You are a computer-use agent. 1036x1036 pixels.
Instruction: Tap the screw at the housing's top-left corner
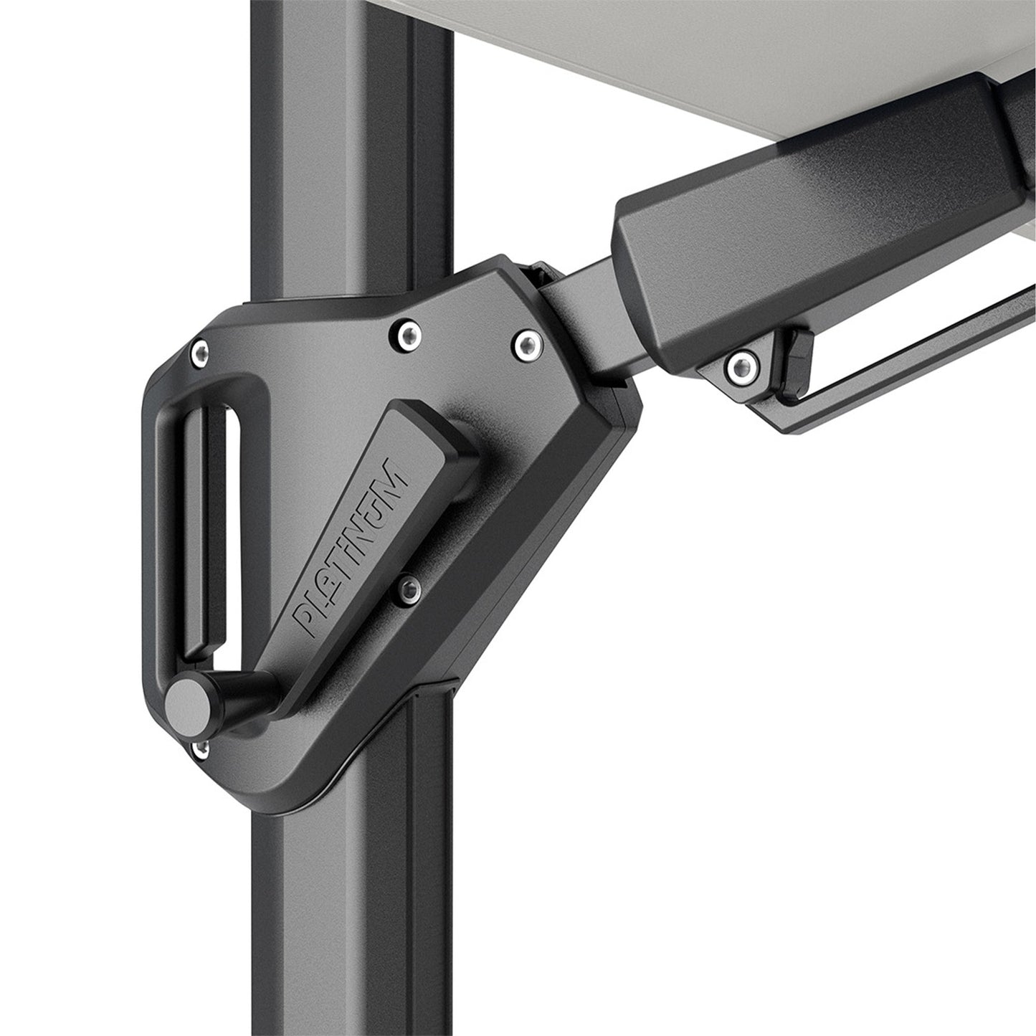pos(201,351)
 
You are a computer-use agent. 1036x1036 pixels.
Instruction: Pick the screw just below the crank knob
pos(201,749)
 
